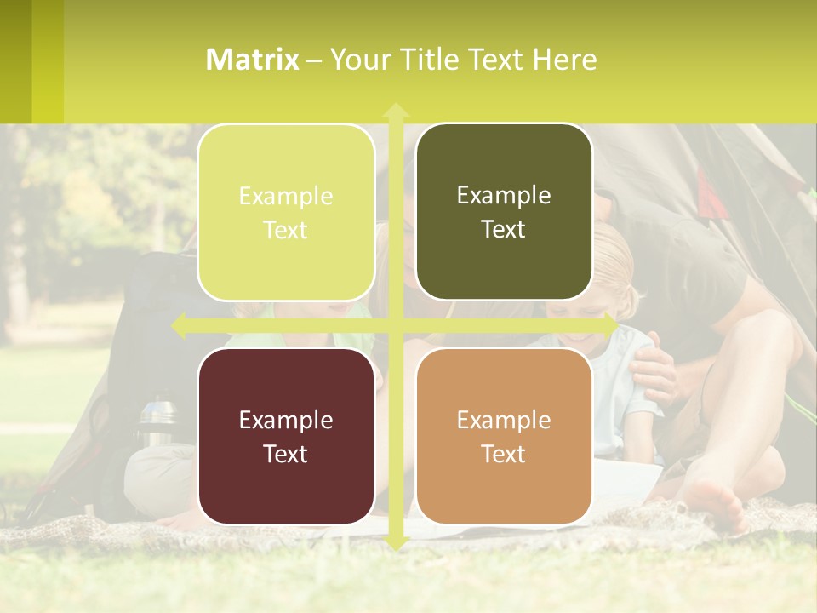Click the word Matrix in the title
253,60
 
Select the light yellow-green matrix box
286,212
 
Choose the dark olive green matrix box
504,212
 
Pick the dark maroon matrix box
286,436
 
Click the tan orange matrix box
504,436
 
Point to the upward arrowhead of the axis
395,111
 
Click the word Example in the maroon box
286,420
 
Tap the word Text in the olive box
504,230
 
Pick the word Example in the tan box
504,420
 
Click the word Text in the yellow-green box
286,230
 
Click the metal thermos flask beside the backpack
157,421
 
